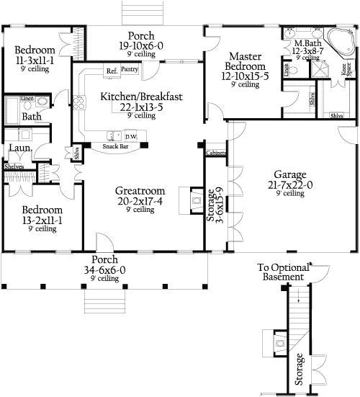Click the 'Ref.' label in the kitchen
112,71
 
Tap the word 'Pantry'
130,70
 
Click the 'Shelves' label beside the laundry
14,166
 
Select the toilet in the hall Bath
42,102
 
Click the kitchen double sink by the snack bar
114,135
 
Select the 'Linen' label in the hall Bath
27,97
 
